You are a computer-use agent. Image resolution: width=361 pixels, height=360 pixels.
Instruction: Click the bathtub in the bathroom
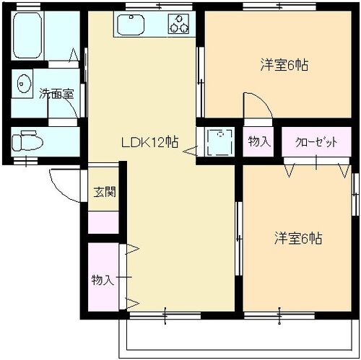coord(28,35)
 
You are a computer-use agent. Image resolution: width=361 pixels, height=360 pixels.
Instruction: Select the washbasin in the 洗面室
coord(24,84)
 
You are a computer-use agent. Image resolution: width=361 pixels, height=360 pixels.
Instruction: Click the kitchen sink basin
coord(131,25)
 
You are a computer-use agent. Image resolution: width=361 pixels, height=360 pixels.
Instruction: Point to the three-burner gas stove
coord(178,24)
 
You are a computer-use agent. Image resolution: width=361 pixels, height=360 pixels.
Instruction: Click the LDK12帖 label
coord(149,142)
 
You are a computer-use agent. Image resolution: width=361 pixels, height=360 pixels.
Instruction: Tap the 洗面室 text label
coord(56,94)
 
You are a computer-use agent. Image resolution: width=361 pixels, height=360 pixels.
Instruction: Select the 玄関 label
coord(105,192)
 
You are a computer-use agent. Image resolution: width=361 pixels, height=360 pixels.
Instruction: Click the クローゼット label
coord(316,142)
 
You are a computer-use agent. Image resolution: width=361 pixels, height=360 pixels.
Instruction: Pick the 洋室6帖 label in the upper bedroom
coord(284,65)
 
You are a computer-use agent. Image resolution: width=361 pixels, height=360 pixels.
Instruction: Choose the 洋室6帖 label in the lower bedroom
coord(298,238)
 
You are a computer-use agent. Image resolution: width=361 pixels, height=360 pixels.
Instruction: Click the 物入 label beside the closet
coord(259,141)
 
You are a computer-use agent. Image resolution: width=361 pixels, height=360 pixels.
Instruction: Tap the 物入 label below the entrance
coord(103,280)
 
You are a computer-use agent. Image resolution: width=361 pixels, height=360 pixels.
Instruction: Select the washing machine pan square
coord(220,142)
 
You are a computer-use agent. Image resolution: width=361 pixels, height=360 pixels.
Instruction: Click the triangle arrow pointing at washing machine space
coord(191,151)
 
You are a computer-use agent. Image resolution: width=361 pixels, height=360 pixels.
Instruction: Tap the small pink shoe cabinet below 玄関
coord(103,222)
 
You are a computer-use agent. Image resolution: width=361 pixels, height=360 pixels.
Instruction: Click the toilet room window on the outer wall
coord(25,161)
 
